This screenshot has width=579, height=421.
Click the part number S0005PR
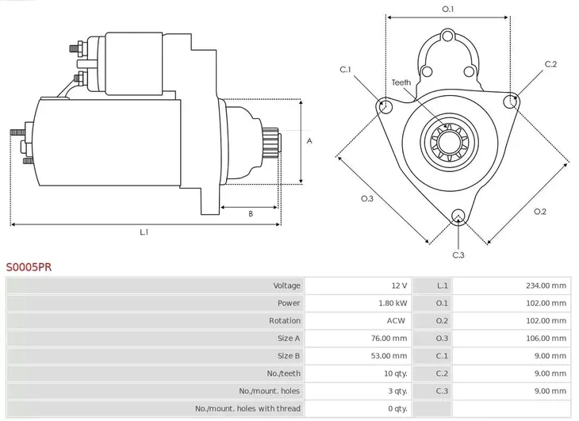click(x=29, y=268)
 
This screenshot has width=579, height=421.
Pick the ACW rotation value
click(x=397, y=320)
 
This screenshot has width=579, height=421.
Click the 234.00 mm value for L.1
click(x=547, y=285)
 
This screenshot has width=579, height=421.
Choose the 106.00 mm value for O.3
click(x=547, y=338)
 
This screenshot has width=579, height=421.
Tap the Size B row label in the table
click(x=289, y=356)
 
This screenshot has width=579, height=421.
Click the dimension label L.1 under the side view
click(x=144, y=232)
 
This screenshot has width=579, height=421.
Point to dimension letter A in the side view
click(x=309, y=141)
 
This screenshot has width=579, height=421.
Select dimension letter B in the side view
click(x=250, y=213)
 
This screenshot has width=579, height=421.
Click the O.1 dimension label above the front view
click(x=447, y=9)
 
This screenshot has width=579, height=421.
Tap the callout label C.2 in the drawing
click(x=550, y=64)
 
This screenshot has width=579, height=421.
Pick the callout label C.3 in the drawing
click(x=458, y=255)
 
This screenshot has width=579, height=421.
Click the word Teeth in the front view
click(x=401, y=82)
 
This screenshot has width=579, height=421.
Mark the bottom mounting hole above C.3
click(x=458, y=216)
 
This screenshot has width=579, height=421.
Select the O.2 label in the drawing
click(x=539, y=211)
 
